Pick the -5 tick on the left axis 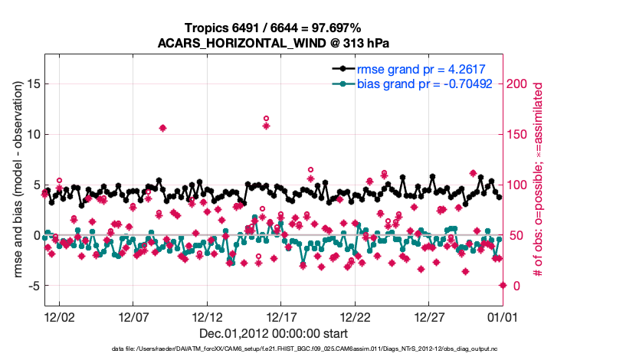30,286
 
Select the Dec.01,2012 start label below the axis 273,333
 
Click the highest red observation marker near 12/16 266,119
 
